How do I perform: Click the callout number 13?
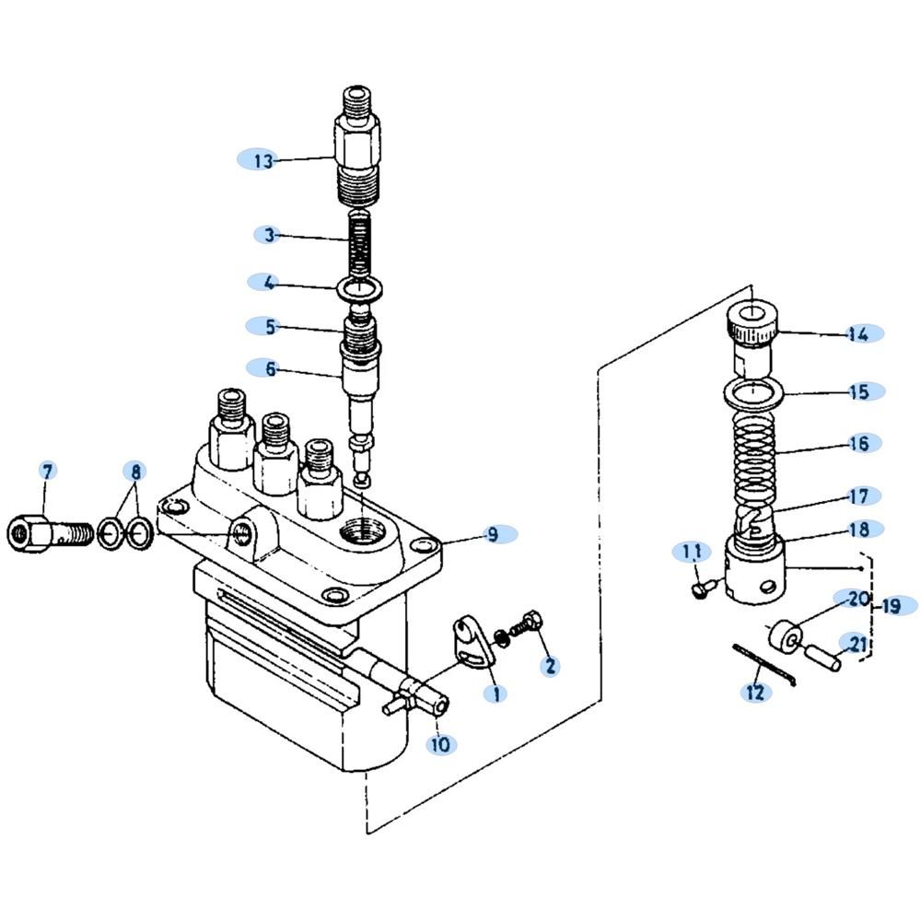click(263, 161)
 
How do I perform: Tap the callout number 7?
click(48, 471)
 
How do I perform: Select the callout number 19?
click(891, 606)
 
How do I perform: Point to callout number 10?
click(441, 743)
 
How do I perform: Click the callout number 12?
click(755, 692)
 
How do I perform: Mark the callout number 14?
click(858, 333)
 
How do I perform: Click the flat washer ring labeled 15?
click(754, 393)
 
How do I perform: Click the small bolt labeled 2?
click(525, 626)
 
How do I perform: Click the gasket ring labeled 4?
click(360, 289)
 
